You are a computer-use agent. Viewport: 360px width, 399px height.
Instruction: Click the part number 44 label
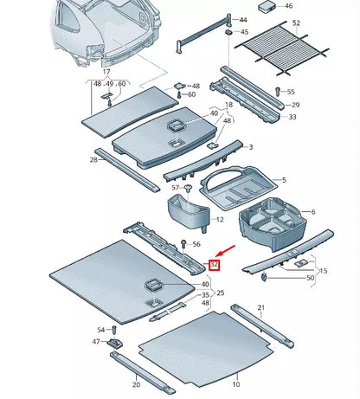(242, 20)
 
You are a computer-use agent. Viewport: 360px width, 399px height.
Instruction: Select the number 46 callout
(289, 6)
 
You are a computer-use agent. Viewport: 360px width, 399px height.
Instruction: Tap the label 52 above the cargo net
(296, 23)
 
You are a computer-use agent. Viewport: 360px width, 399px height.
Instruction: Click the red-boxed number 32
(215, 266)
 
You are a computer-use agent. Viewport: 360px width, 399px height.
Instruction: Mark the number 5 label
(282, 180)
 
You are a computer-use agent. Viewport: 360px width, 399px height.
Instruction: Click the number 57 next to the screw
(175, 188)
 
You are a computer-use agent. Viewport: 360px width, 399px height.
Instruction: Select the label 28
(93, 160)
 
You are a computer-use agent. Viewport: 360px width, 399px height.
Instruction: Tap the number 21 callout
(260, 307)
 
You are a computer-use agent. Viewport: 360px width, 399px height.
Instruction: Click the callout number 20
(135, 384)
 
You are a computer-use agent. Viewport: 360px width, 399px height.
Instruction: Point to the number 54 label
(101, 330)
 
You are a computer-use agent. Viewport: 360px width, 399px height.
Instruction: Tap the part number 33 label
(292, 117)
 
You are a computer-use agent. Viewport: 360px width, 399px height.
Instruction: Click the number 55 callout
(291, 92)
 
